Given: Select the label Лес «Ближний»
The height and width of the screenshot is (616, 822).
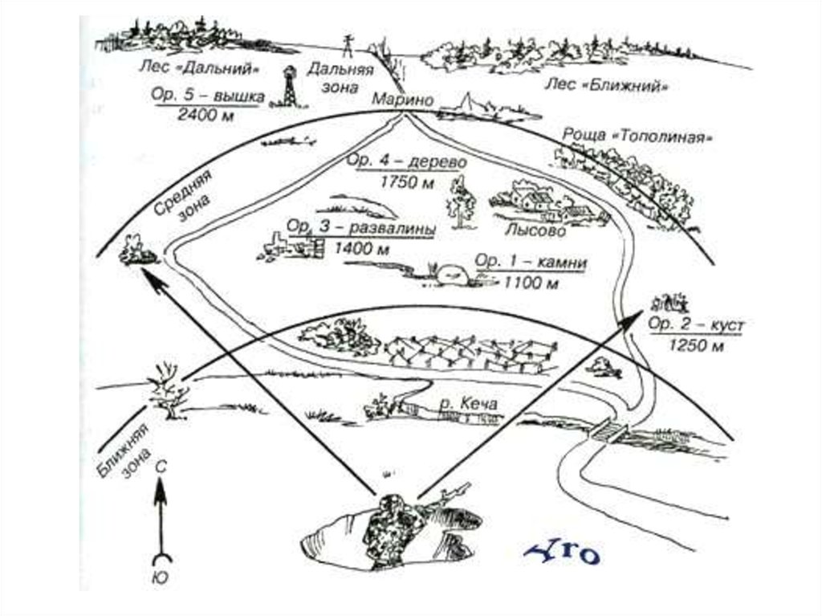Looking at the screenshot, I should click(607, 84).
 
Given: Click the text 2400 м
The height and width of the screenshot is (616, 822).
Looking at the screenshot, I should click(207, 114).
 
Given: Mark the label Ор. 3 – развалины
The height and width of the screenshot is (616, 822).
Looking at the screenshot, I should click(361, 229).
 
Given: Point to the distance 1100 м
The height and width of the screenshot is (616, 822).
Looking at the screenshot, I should click(530, 282).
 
